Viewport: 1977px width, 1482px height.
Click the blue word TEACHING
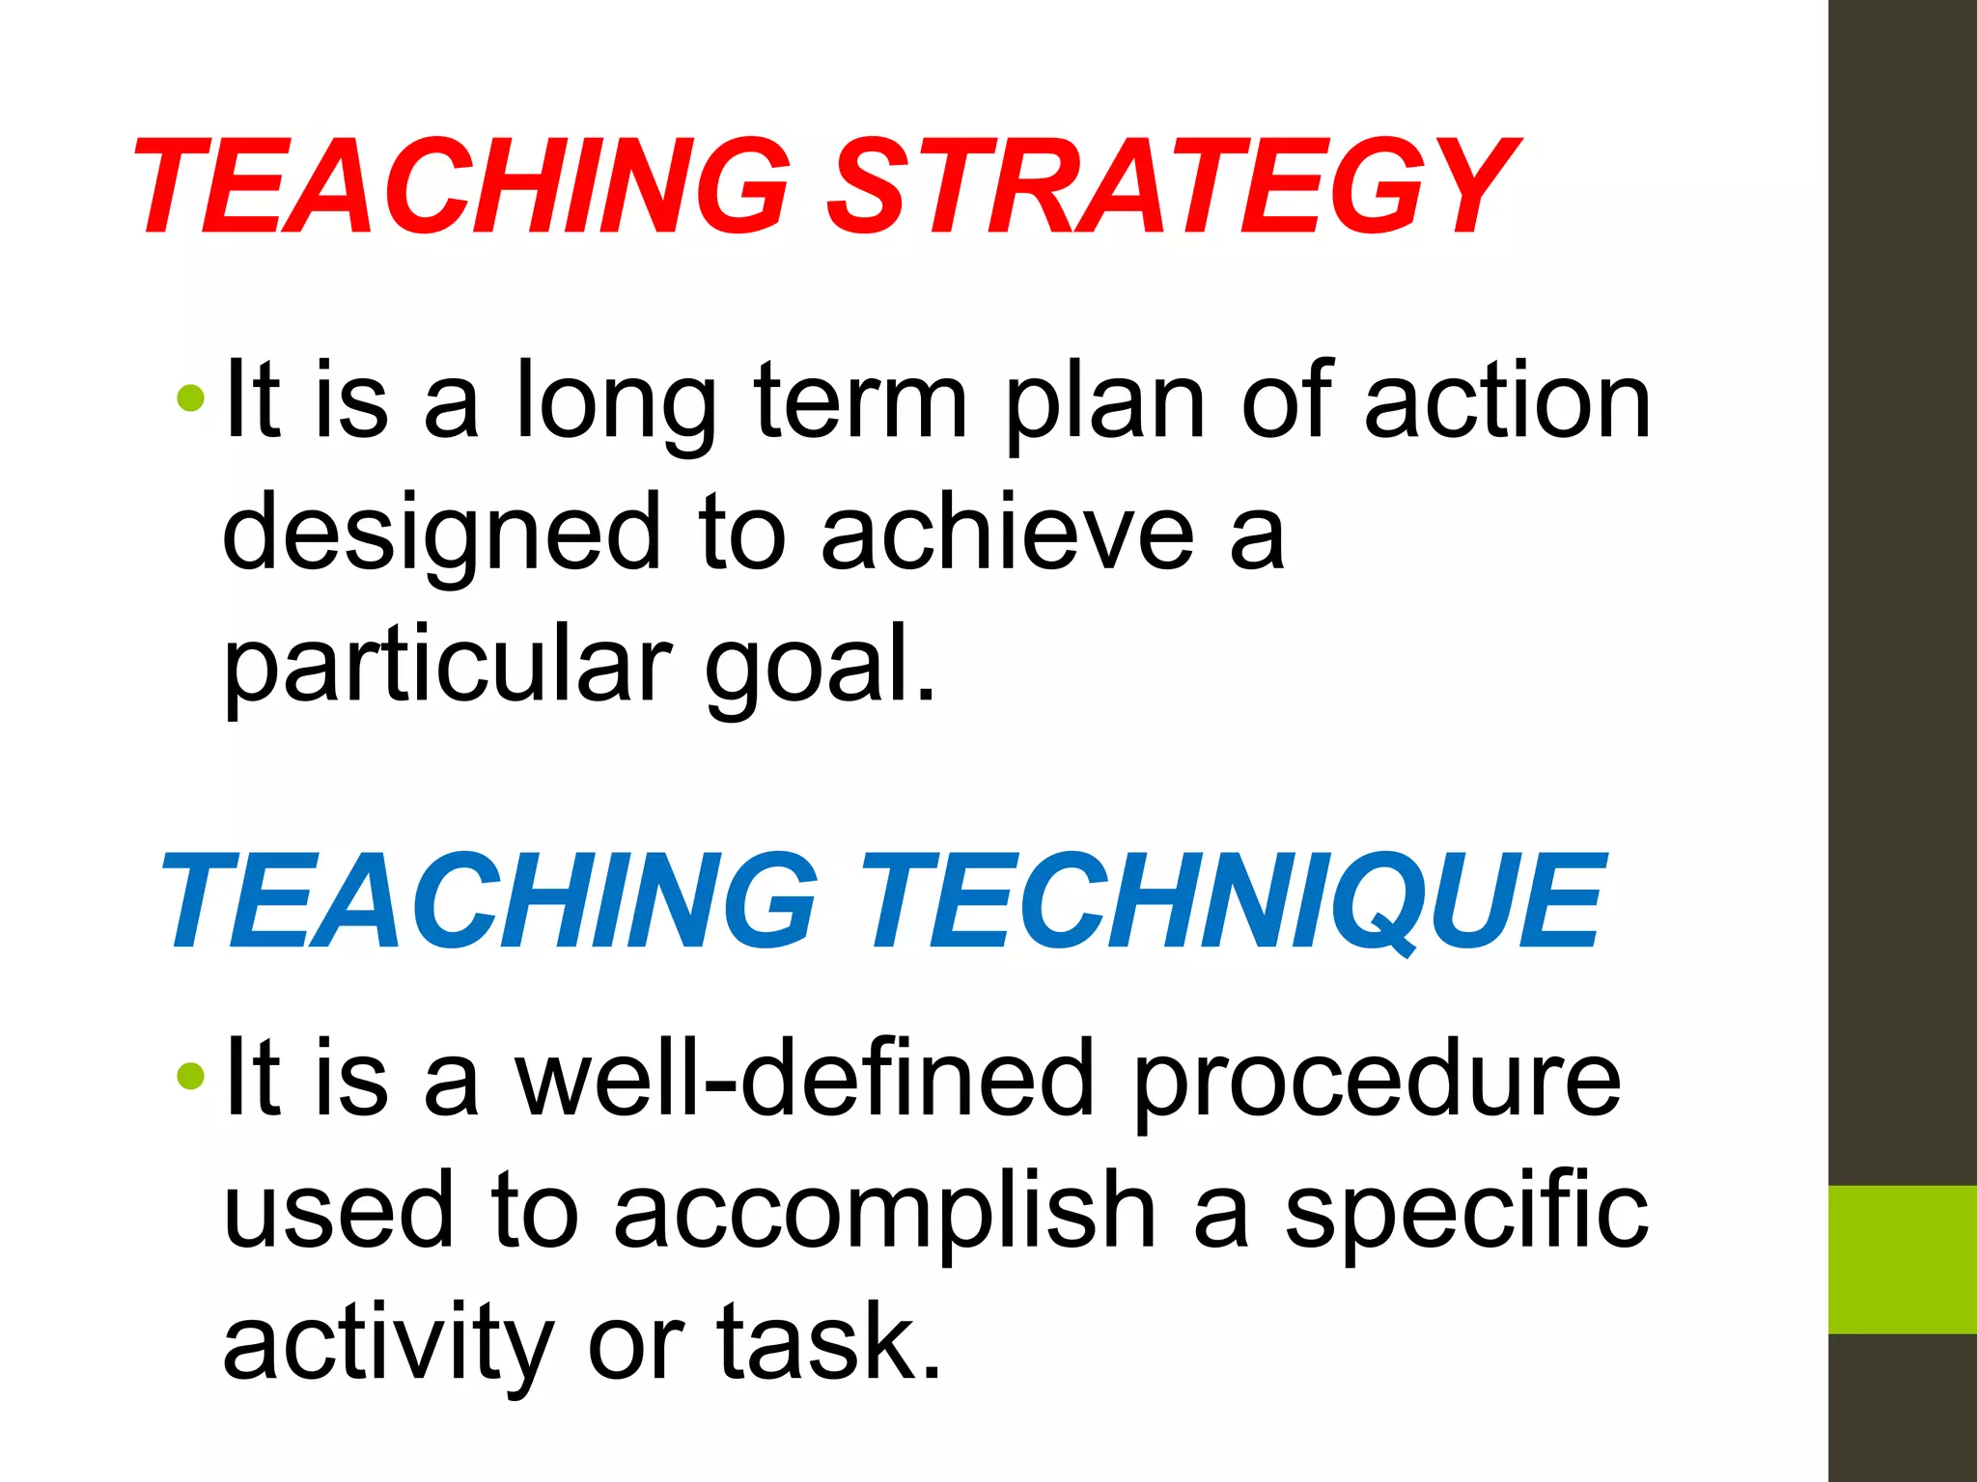(488, 902)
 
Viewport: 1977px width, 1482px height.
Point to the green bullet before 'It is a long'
(191, 398)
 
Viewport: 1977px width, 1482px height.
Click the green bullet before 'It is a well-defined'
(191, 1075)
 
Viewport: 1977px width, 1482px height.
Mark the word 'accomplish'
(884, 1212)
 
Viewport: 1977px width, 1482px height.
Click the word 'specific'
(1466, 1212)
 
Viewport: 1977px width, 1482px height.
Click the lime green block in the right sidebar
(1903, 1259)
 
